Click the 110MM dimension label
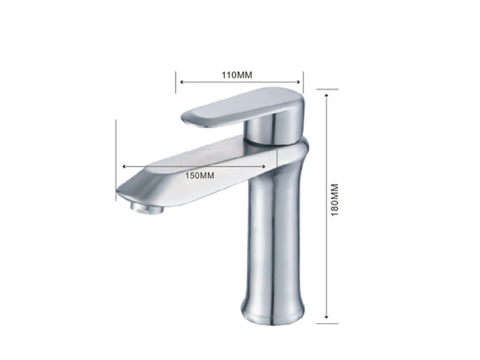(x=237, y=75)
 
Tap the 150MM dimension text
(x=200, y=176)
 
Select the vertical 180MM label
(x=335, y=200)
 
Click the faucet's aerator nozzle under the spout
(x=146, y=208)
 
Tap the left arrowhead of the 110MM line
(x=182, y=82)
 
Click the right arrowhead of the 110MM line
(x=298, y=82)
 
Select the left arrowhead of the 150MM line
(x=124, y=167)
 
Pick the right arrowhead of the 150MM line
(x=263, y=167)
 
